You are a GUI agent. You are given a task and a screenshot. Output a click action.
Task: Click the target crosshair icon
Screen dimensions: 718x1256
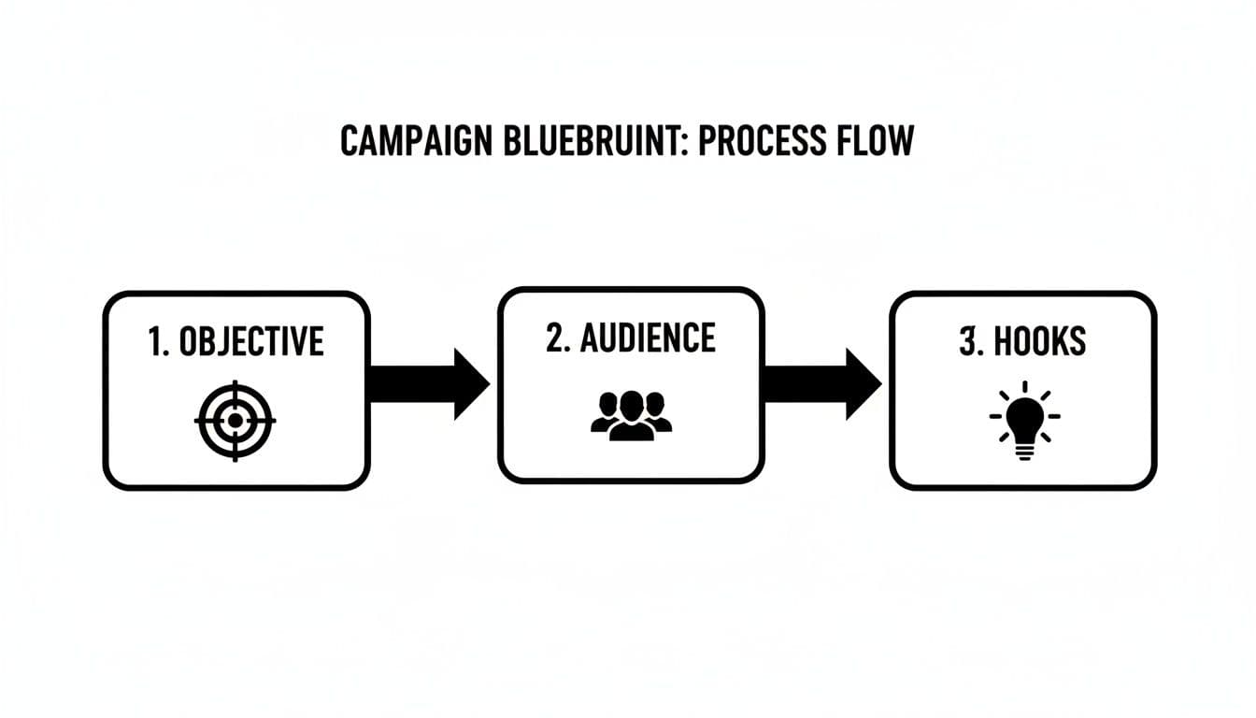235,420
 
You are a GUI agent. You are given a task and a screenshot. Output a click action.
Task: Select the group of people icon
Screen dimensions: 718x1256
632,416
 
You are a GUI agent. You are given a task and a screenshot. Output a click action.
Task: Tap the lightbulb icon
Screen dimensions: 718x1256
1024,420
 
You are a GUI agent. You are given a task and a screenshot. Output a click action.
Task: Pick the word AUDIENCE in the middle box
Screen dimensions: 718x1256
648,338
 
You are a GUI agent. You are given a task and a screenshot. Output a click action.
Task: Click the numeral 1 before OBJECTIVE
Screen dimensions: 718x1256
155,343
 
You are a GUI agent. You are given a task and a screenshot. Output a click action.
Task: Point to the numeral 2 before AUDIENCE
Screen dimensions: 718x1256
555,338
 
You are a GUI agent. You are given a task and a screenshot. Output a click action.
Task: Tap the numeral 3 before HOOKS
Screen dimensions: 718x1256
968,343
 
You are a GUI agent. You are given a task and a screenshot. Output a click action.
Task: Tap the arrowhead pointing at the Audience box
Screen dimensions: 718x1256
470,384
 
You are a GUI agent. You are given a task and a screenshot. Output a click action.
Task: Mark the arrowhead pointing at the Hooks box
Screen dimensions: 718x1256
862,384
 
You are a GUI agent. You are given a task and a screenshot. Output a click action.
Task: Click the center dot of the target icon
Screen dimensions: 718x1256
235,420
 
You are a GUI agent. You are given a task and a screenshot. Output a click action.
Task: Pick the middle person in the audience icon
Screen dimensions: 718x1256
632,413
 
